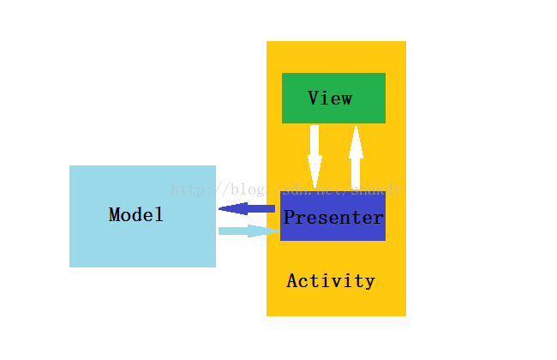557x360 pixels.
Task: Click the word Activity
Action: pyautogui.click(x=331, y=281)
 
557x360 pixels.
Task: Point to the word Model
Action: pyautogui.click(x=136, y=215)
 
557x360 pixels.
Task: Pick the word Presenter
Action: pyautogui.click(x=333, y=218)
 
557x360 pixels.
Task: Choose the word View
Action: pyautogui.click(x=330, y=99)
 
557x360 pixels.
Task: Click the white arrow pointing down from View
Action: pyautogui.click(x=314, y=154)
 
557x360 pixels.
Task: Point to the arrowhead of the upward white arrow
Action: pyautogui.click(x=356, y=139)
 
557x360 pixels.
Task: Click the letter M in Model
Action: pyautogui.click(x=115, y=215)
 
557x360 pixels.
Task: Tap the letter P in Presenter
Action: pyautogui.click(x=290, y=218)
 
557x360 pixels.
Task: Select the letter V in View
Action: pyautogui.click(x=314, y=99)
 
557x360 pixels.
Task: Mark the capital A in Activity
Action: pyautogui.click(x=292, y=281)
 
